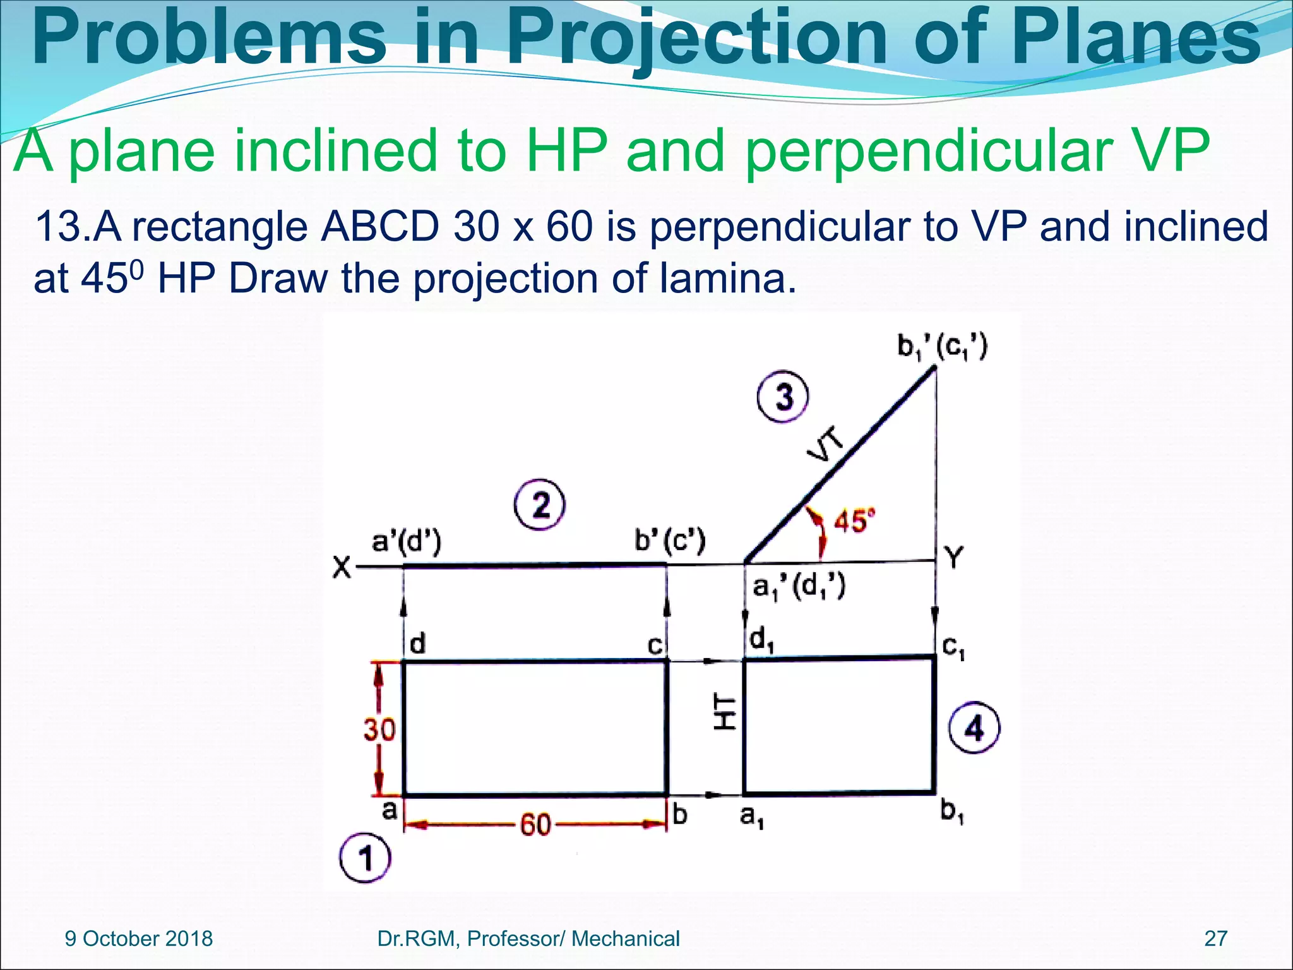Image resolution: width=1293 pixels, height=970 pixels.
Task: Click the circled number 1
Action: [365, 858]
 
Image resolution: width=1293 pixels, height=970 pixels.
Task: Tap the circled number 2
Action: [539, 505]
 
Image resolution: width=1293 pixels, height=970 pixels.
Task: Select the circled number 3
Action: [783, 397]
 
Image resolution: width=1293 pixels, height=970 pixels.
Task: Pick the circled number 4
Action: [974, 729]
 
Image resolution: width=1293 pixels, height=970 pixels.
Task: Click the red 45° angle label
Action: [854, 521]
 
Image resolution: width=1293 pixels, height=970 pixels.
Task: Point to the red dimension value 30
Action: [379, 730]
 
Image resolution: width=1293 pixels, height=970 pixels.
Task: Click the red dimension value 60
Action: [535, 825]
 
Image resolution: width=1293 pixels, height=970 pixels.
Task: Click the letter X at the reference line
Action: [342, 567]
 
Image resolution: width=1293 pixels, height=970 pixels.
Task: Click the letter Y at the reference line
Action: [954, 558]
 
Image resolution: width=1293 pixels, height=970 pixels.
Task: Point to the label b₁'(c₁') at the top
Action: [942, 348]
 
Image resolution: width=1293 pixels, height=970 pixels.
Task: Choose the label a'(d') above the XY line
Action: [406, 542]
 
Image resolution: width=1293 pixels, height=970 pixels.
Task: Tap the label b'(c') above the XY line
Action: [669, 541]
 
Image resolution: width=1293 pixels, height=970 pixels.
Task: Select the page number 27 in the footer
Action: [1215, 938]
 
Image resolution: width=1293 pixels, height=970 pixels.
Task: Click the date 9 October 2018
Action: [139, 938]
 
